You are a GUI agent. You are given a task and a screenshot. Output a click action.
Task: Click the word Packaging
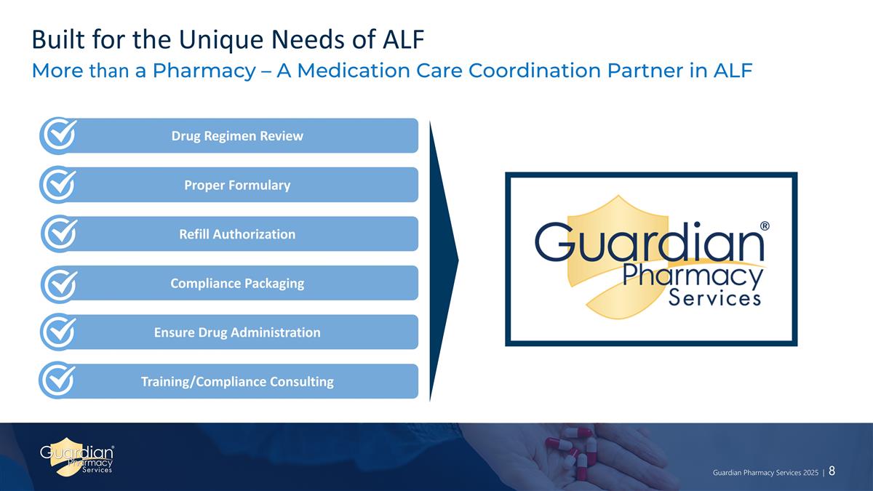pos(269,284)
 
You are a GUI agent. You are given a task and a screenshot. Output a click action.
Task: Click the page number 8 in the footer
pos(831,471)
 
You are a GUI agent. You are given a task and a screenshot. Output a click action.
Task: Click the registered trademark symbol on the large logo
pos(765,226)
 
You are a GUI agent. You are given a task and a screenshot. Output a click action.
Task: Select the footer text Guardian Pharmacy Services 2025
pos(765,472)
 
